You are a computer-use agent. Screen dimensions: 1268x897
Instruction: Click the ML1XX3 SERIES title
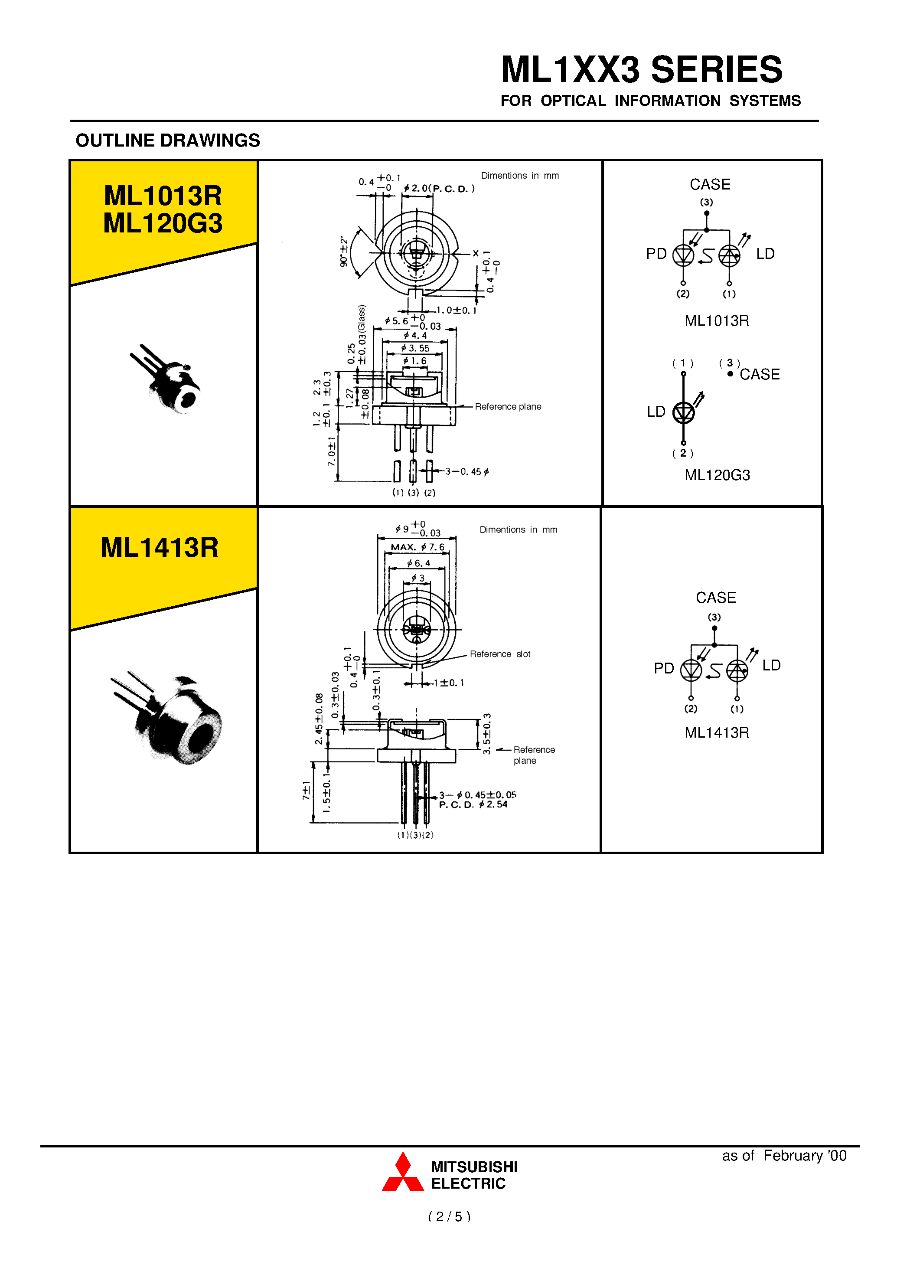coord(641,70)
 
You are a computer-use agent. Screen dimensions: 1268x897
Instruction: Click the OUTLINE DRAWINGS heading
coord(167,141)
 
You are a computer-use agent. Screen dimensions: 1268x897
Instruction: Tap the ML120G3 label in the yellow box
coord(163,224)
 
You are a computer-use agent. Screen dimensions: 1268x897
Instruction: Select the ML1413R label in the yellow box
coord(160,548)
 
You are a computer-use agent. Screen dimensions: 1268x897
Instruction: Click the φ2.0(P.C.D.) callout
coord(439,188)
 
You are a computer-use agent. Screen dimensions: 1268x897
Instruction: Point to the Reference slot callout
coord(500,654)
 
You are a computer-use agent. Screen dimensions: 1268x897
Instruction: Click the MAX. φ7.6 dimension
coord(418,547)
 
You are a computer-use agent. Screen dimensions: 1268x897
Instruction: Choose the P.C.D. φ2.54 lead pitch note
coord(473,804)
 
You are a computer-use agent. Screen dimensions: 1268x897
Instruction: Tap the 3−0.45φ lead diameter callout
coord(467,472)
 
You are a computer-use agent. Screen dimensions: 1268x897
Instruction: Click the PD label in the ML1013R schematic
coord(656,254)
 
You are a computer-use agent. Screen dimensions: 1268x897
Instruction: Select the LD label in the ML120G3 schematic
coord(656,412)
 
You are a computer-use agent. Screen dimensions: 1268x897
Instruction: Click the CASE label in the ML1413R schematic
coord(716,598)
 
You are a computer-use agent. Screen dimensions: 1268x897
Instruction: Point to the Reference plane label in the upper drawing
coord(508,407)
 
